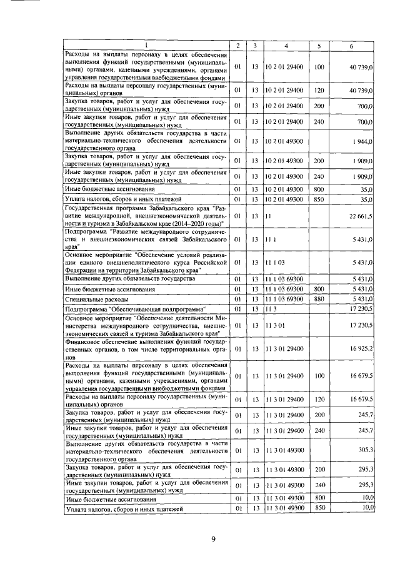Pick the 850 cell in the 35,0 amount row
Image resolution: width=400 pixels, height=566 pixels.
pyautogui.click(x=319, y=199)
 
